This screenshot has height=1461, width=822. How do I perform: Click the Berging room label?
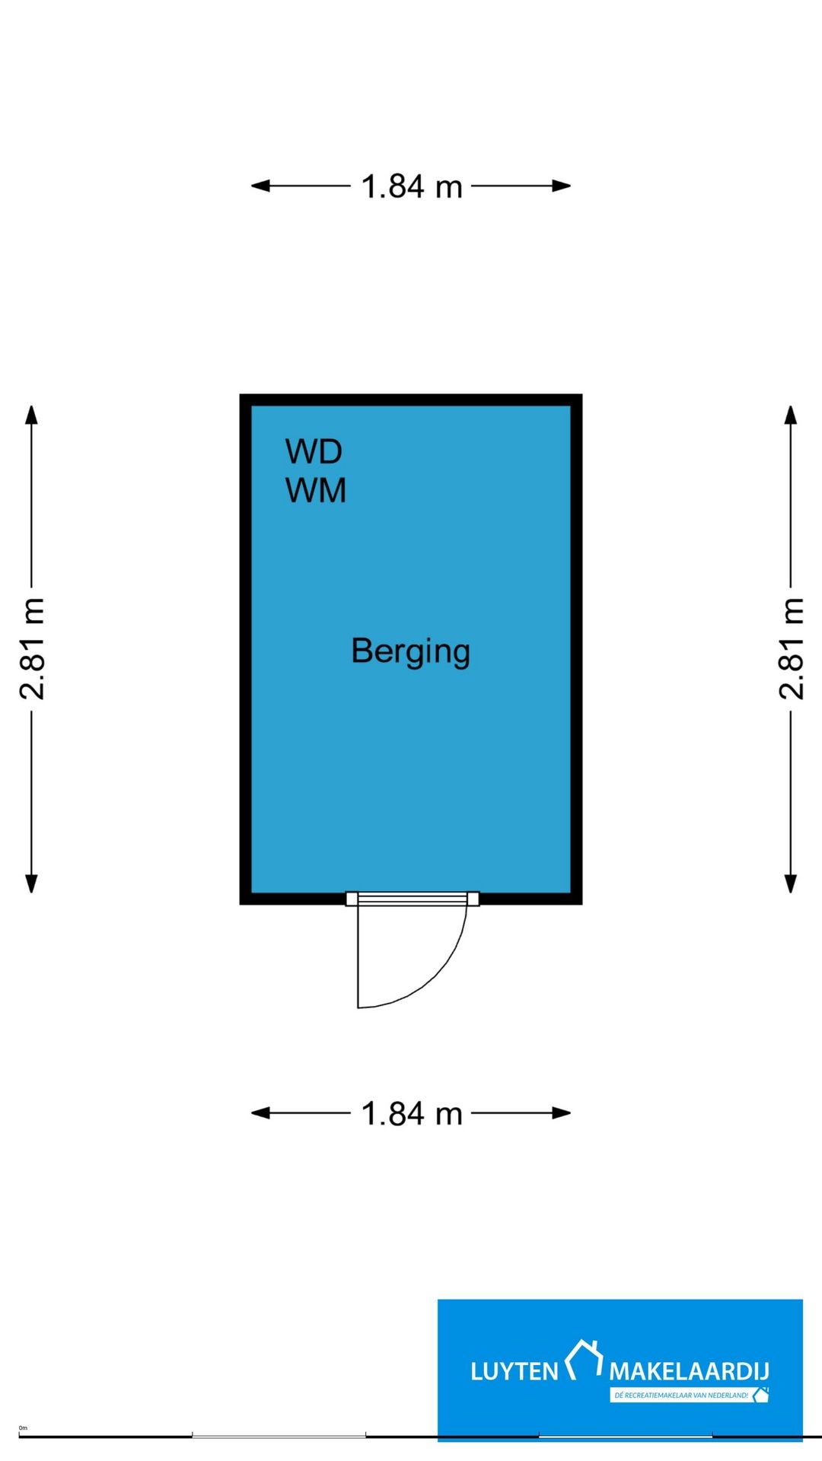click(410, 652)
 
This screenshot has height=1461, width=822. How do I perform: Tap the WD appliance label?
click(314, 451)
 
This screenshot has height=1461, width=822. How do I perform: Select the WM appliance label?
click(316, 490)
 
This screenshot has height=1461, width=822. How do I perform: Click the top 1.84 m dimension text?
click(411, 186)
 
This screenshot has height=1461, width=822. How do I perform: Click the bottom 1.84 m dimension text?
click(411, 1114)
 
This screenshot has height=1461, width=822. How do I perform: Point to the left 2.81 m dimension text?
click(32, 648)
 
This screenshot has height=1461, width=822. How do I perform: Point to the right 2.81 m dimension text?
click(791, 648)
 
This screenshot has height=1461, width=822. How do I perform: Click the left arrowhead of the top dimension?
click(261, 186)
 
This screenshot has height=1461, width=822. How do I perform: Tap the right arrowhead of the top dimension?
click(561, 186)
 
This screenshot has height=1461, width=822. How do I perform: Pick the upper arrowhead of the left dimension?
click(31, 415)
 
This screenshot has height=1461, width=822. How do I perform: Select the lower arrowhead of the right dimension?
click(791, 883)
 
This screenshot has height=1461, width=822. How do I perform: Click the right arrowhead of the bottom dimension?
click(561, 1113)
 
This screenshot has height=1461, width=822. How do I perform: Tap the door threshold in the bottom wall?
click(413, 899)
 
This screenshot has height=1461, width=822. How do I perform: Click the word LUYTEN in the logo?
click(515, 1372)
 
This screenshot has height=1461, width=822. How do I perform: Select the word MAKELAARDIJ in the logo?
click(689, 1372)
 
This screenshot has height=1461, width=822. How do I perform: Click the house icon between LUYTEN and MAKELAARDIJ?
click(584, 1360)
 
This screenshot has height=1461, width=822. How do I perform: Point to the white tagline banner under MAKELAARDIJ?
click(689, 1395)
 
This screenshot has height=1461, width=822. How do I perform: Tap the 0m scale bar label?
click(23, 1428)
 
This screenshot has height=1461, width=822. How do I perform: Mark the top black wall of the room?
click(411, 399)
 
